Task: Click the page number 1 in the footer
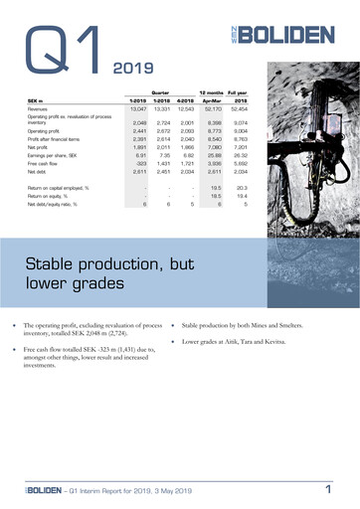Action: [328, 489]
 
